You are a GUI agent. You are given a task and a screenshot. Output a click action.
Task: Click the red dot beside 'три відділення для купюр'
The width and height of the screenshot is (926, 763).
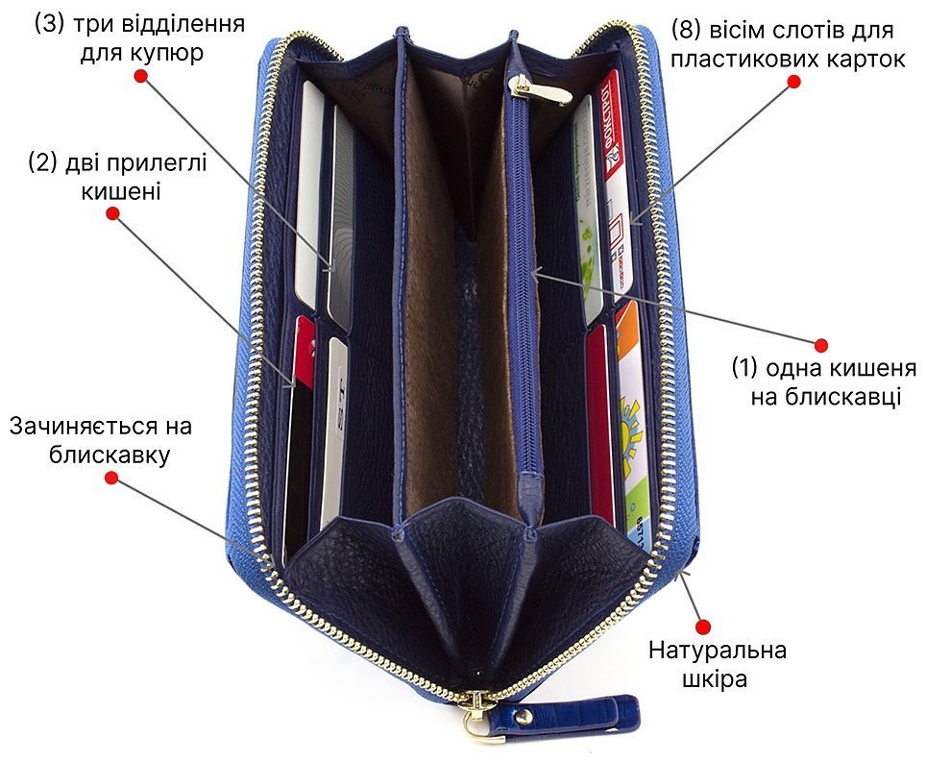(x=140, y=76)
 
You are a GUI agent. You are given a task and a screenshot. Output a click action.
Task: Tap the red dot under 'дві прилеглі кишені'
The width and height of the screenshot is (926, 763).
(x=112, y=212)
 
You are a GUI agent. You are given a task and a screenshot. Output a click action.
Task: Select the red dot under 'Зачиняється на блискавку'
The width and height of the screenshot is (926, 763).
(x=111, y=478)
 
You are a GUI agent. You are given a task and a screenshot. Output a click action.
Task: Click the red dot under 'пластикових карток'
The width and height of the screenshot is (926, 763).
(x=794, y=82)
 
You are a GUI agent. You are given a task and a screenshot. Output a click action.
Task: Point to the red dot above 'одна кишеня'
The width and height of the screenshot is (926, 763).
(x=821, y=345)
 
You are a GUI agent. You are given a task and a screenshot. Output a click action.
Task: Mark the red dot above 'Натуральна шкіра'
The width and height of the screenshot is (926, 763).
(x=703, y=627)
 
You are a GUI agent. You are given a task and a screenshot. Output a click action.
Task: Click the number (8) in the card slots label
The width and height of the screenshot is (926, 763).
(x=686, y=30)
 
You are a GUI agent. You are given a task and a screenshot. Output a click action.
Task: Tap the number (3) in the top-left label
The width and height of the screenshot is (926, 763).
(x=49, y=24)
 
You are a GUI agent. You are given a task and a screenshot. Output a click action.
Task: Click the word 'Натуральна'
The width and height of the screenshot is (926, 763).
(x=718, y=651)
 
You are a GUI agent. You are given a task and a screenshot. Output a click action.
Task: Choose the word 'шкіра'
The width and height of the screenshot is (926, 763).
(x=715, y=679)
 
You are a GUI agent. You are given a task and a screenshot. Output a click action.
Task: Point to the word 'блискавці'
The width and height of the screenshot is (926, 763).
(x=825, y=396)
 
